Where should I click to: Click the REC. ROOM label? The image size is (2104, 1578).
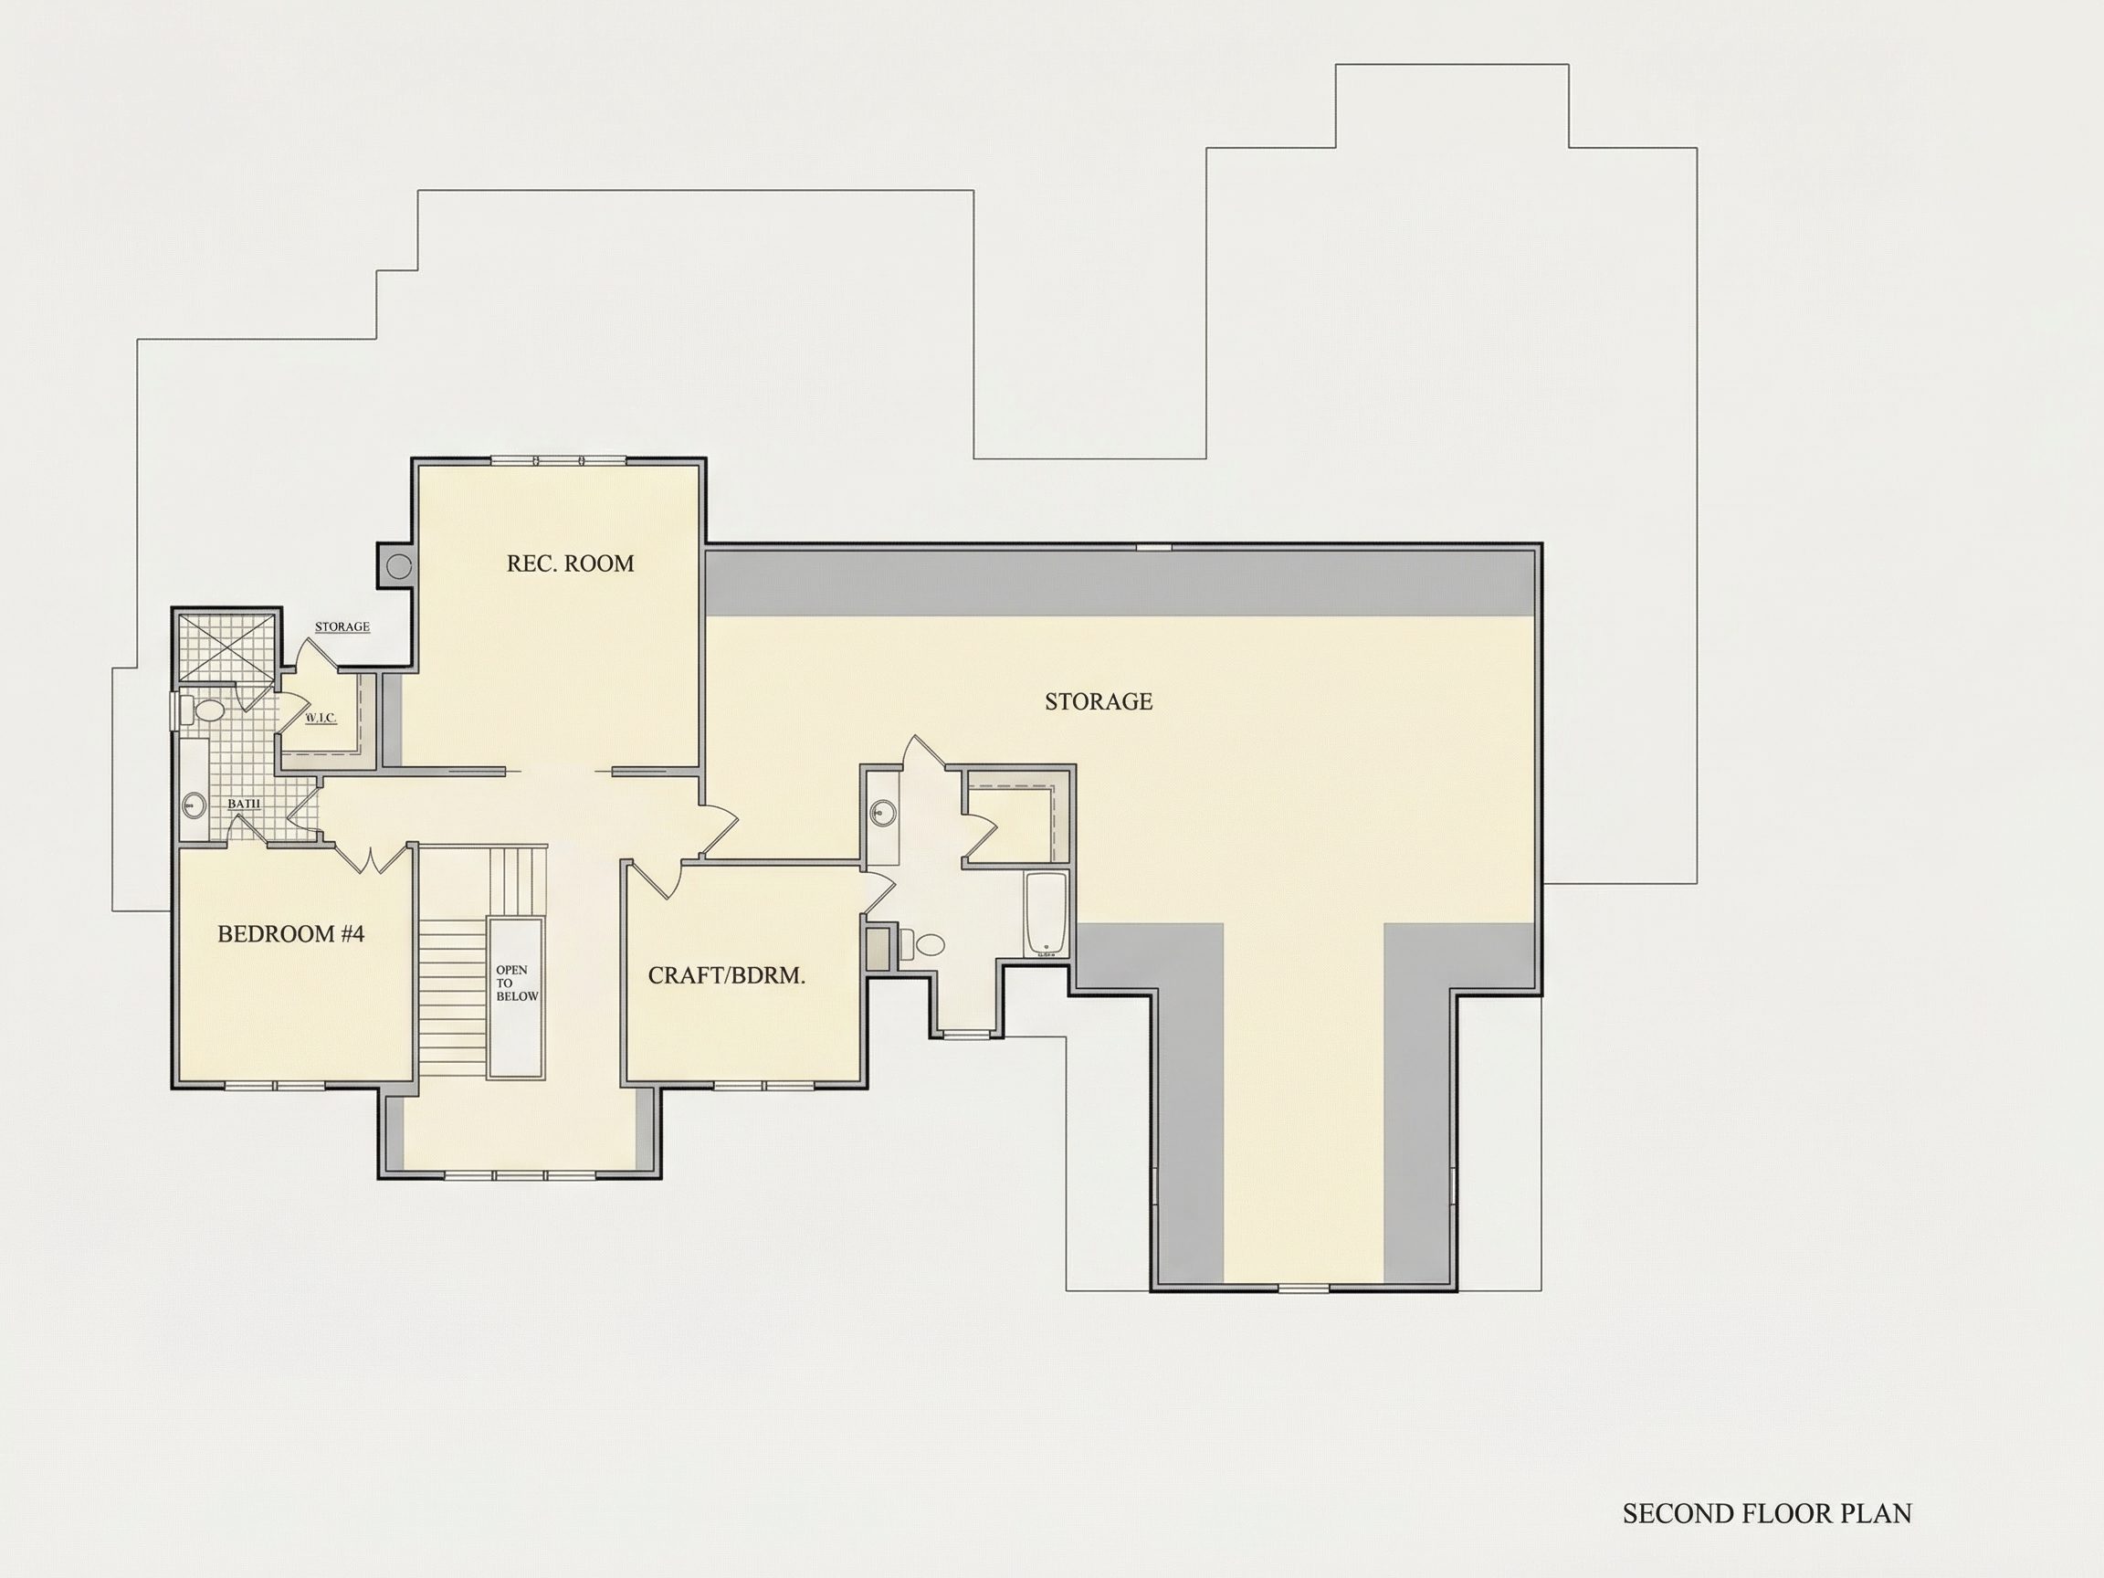point(570,563)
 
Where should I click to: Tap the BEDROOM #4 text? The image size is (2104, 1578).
point(291,934)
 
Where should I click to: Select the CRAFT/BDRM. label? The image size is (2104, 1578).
point(727,976)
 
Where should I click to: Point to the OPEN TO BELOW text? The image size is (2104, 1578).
point(517,984)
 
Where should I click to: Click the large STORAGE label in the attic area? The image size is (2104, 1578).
point(1099,702)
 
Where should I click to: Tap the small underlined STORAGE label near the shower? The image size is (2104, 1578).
point(342,626)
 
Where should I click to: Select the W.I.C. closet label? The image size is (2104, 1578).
point(321,718)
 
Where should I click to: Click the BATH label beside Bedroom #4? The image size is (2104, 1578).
point(244,805)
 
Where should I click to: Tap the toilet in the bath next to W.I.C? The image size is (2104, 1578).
point(204,710)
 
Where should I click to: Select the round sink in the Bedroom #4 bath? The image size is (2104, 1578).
point(193,806)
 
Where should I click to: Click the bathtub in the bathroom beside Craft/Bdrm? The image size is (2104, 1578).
point(1047,914)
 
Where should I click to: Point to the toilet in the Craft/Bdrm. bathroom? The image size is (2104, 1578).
point(922,944)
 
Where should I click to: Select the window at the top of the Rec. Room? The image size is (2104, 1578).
point(558,461)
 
